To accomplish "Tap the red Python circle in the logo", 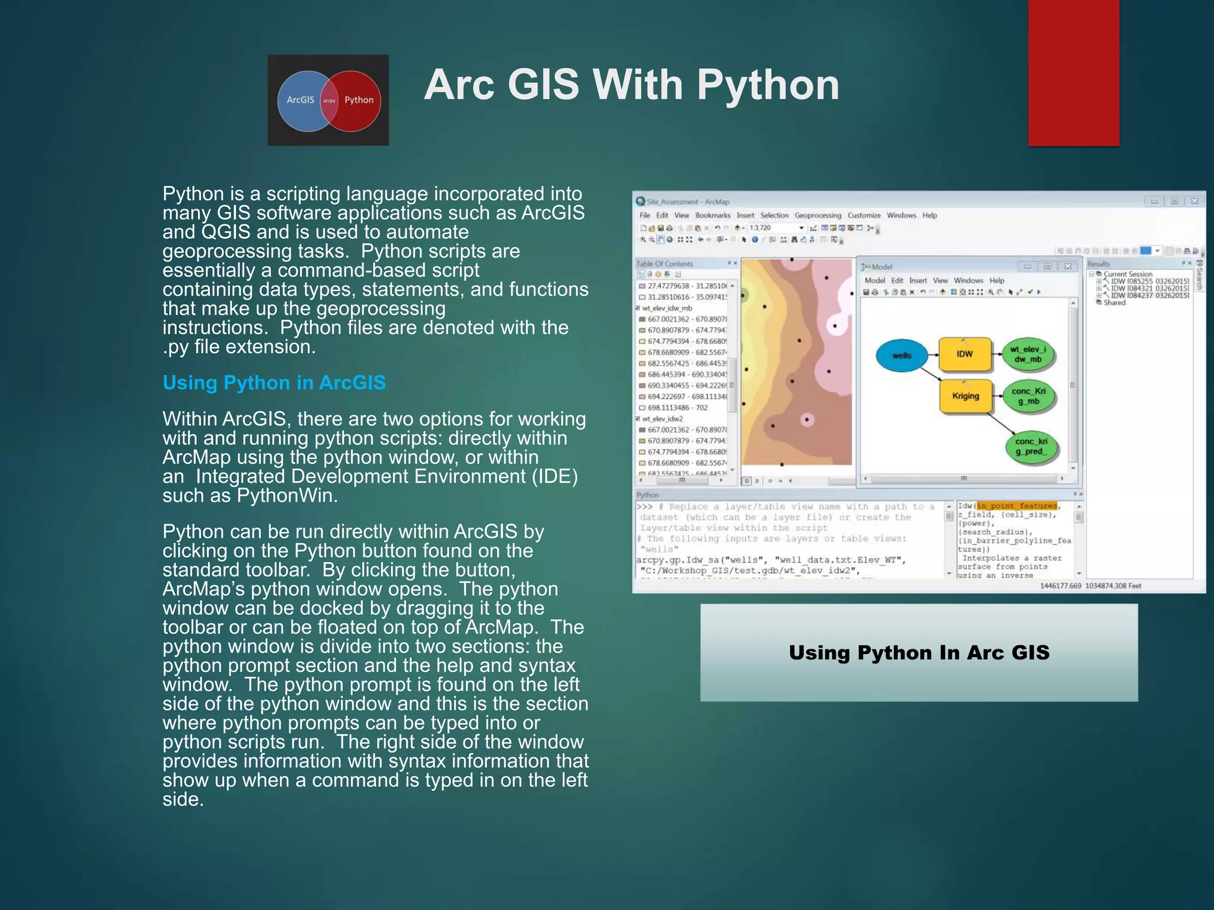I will pyautogui.click(x=358, y=101).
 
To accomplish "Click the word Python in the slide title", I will pyautogui.click(x=768, y=85).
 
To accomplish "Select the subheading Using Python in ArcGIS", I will pyautogui.click(x=274, y=383).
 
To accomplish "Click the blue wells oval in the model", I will pyautogui.click(x=901, y=355).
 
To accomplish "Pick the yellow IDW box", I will pyautogui.click(x=964, y=354).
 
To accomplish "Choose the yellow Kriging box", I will pyautogui.click(x=965, y=396).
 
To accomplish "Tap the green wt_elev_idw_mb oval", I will pyautogui.click(x=1028, y=354).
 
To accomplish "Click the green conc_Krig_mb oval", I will pyautogui.click(x=1028, y=396).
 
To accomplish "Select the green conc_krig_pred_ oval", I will pyautogui.click(x=1031, y=446).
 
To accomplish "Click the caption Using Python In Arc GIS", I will pyautogui.click(x=919, y=652).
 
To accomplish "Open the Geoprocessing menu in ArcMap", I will pyautogui.click(x=817, y=216).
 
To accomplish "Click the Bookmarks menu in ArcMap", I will pyautogui.click(x=713, y=216).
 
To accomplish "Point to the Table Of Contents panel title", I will pyautogui.click(x=664, y=264).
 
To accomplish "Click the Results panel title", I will pyautogui.click(x=1098, y=264).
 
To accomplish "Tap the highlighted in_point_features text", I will pyautogui.click(x=1017, y=505).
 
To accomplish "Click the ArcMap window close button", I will pyautogui.click(x=1194, y=201).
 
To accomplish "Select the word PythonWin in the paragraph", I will pyautogui.click(x=287, y=495).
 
